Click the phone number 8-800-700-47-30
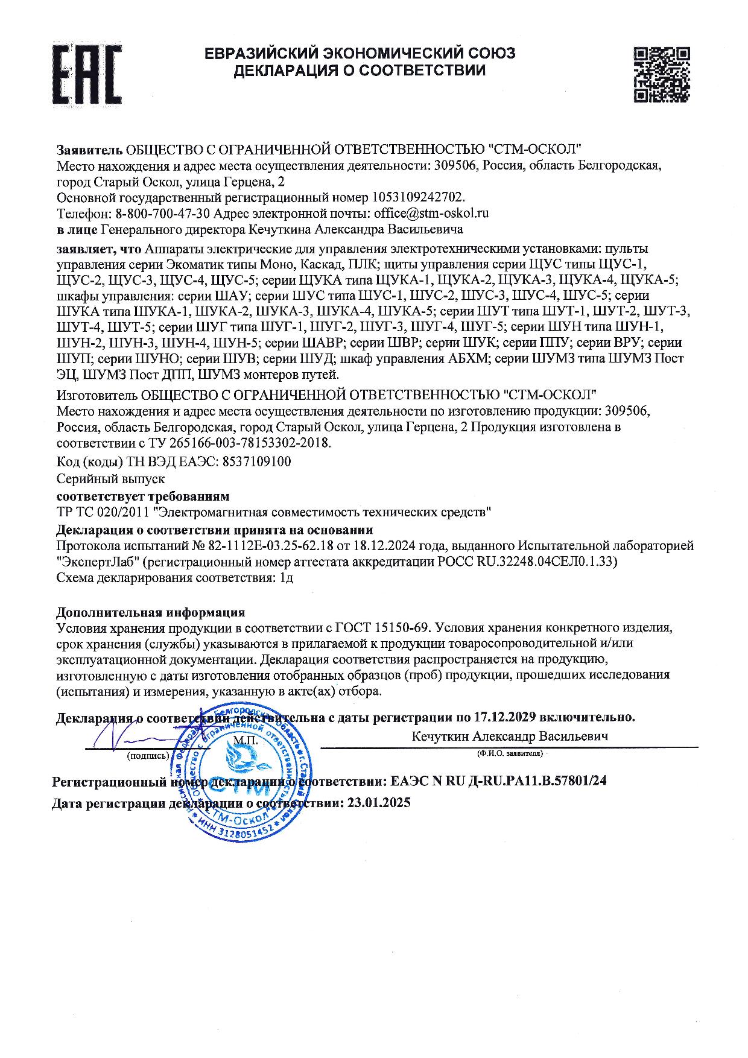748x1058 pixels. [x=162, y=214]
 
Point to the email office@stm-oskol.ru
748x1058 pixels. [x=431, y=214]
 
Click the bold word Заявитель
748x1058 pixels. [x=89, y=149]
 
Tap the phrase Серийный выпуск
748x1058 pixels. [x=110, y=479]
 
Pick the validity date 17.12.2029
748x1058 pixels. [x=505, y=717]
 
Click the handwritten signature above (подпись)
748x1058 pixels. [x=130, y=736]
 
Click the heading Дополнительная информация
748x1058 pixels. [x=151, y=612]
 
